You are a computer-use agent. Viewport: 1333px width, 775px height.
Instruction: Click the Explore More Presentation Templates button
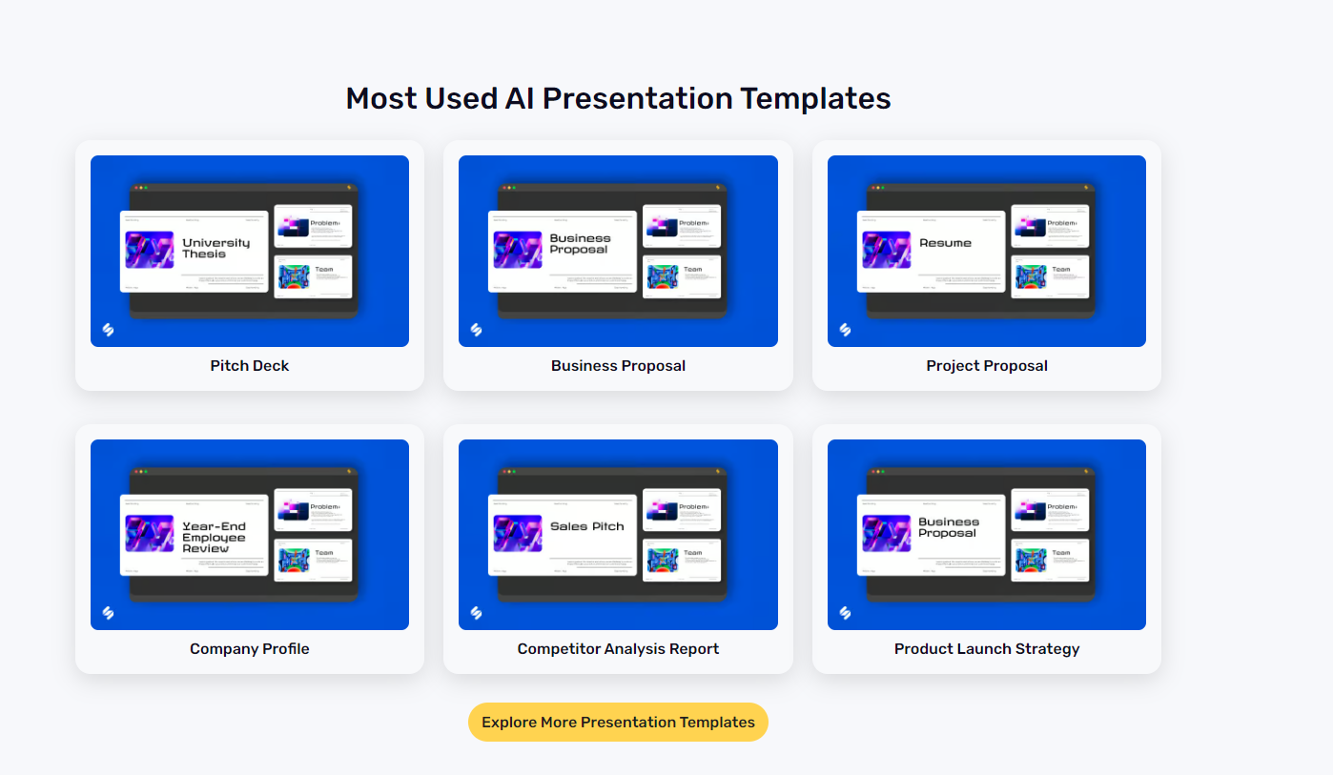tap(618, 722)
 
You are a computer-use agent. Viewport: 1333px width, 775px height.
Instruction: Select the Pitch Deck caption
tap(250, 365)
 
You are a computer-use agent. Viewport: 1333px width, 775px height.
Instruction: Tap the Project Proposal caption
tap(986, 365)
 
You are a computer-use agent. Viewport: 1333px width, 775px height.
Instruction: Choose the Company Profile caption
tap(250, 648)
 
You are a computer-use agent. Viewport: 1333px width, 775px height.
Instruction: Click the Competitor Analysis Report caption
tap(618, 648)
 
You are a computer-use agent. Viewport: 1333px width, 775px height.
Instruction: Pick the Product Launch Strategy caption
tap(986, 648)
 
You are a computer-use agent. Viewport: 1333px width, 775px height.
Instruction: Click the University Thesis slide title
tap(216, 248)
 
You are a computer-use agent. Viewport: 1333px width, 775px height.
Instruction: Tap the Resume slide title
tap(945, 243)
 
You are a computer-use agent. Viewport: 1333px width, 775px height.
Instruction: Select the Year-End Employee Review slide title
tap(215, 537)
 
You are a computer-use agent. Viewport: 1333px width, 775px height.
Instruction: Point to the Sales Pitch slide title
tap(587, 526)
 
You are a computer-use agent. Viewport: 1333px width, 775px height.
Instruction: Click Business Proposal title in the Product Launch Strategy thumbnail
tap(949, 527)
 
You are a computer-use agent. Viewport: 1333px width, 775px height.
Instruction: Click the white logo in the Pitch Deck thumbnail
tap(108, 330)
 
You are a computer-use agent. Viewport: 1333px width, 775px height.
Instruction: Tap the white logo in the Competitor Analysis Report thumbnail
tap(477, 613)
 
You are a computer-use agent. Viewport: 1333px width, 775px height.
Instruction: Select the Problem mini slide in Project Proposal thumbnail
tap(1050, 226)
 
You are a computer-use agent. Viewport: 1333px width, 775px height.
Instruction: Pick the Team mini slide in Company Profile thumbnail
tap(313, 560)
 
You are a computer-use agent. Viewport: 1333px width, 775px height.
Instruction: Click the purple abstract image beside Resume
tap(886, 250)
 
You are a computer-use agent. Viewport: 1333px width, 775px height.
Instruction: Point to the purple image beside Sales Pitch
tap(518, 533)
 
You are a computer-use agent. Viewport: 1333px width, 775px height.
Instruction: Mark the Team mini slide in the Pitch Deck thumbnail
tap(313, 276)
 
